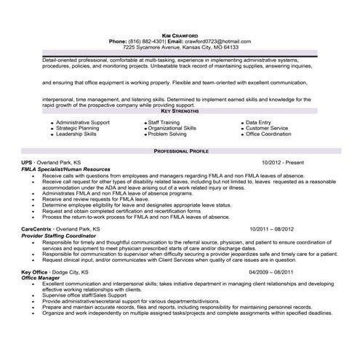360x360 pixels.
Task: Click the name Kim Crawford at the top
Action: click(180, 35)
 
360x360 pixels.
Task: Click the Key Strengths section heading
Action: click(180, 111)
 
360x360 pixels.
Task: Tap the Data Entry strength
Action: click(260, 122)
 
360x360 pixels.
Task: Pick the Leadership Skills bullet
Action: click(76, 134)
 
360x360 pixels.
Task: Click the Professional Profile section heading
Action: click(180, 150)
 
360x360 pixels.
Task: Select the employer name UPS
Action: click(27, 162)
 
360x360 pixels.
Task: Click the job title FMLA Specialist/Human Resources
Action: click(66, 169)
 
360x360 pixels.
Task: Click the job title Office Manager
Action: click(40, 277)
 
